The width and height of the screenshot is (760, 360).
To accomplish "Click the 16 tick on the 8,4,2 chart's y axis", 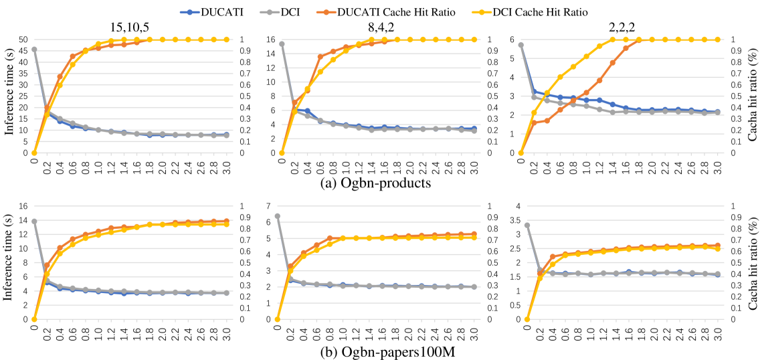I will point(269,39).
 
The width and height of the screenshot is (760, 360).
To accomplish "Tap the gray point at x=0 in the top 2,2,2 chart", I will point(521,45).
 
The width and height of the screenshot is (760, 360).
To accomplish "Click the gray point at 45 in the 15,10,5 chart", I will point(34,50).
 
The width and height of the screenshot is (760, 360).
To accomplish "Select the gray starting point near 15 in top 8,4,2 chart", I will point(282,44).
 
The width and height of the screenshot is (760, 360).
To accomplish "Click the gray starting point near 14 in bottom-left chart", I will point(34,221).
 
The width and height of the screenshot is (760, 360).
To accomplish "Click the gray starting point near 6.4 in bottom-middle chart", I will point(278,216).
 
